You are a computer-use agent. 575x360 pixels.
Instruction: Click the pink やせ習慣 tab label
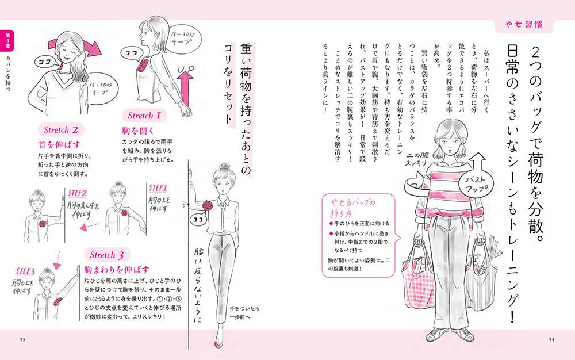point(524,25)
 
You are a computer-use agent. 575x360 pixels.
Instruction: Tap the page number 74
point(551,339)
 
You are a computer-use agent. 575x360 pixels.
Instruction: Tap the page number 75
point(23,339)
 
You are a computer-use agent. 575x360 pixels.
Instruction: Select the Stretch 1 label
point(144,116)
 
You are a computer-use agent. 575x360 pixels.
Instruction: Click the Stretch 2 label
point(61,130)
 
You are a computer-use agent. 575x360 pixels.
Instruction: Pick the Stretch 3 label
point(107,255)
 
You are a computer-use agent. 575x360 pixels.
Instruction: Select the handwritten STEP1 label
point(158,188)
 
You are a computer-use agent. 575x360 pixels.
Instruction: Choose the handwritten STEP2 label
point(78,193)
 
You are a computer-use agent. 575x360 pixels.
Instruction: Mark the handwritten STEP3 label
point(25,271)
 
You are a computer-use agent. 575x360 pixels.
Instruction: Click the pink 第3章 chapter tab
point(7,40)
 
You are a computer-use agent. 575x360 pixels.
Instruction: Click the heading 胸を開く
point(138,131)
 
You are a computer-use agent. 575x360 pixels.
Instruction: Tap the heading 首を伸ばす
point(59,145)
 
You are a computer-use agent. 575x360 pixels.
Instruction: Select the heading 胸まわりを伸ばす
point(117,270)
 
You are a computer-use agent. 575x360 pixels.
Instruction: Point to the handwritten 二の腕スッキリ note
point(416,159)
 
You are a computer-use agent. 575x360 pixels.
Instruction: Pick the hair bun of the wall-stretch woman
point(224,167)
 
